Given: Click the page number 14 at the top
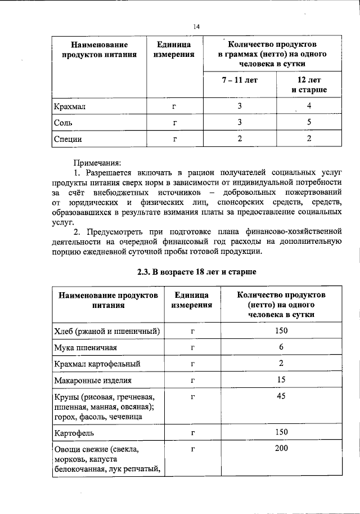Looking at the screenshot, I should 196,26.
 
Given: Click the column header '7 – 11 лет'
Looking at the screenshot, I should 239,80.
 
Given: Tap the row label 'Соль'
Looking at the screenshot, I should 62,122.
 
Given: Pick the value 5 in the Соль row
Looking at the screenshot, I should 309,122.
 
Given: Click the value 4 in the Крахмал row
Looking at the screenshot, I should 309,105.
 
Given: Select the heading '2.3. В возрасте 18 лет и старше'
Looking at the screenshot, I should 196,272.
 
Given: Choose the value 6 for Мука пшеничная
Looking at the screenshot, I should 281,347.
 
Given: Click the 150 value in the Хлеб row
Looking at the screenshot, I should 281,330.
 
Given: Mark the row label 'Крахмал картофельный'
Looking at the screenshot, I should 97,364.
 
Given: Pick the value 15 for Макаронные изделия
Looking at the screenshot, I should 281,380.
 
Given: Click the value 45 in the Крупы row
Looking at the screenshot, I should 281,396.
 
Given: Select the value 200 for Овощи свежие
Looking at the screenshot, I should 281,448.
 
